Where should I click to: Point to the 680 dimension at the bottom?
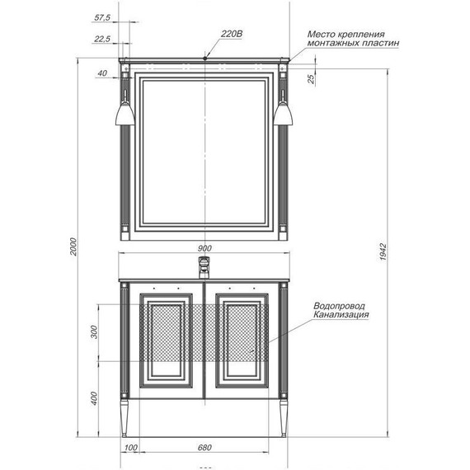tap(204, 448)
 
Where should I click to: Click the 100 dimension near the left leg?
tap(130, 448)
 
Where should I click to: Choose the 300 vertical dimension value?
tap(93, 333)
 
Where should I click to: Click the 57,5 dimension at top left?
tap(103, 17)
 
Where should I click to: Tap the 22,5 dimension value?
tap(103, 39)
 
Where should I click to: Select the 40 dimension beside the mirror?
tap(101, 73)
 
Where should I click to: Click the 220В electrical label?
tap(232, 34)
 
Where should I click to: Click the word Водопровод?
tap(340, 306)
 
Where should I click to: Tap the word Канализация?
tap(341, 315)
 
